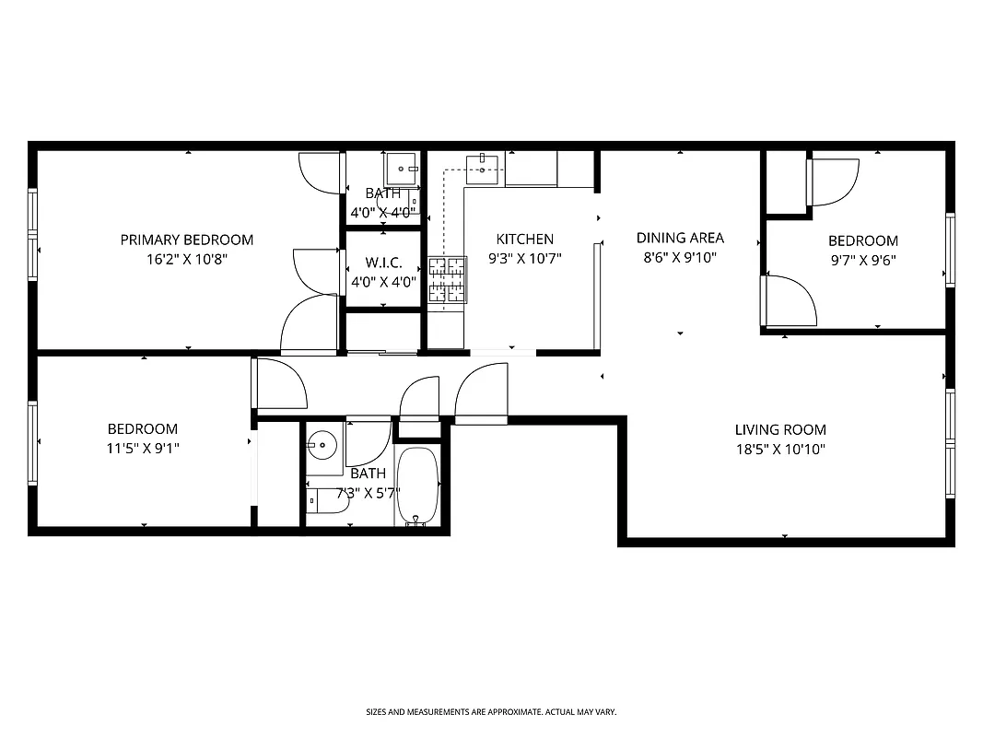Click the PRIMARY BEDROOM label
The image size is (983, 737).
(186, 240)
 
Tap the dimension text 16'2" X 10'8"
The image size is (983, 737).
(186, 259)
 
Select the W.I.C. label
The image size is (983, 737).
(383, 263)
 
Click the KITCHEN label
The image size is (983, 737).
(524, 240)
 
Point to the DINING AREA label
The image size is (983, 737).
(680, 238)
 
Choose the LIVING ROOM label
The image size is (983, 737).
(779, 429)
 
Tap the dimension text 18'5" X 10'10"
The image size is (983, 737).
(779, 450)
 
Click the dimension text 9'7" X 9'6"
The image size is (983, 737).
(862, 260)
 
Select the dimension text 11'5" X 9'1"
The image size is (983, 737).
(143, 449)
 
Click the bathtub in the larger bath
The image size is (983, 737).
(419, 486)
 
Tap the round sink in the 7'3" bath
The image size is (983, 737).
(322, 446)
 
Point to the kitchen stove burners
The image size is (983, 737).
(447, 281)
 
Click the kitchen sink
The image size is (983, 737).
(482, 167)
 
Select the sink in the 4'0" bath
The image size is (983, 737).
(401, 167)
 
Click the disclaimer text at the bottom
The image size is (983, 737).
(491, 712)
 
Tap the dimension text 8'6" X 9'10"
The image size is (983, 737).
(680, 259)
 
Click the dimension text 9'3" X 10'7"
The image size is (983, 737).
(524, 259)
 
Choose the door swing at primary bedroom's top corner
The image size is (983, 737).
(320, 172)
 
